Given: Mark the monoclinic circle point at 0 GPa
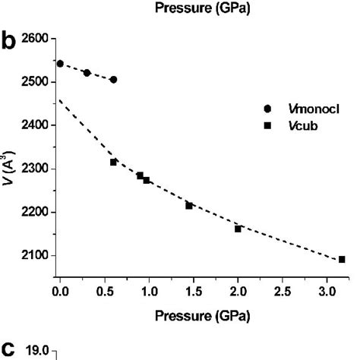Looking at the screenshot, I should tap(60, 63).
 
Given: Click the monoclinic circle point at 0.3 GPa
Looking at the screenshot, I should tap(87, 73).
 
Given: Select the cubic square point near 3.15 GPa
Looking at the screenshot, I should tap(342, 259).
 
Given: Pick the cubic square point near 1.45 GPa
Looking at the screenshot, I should tap(189, 205).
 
